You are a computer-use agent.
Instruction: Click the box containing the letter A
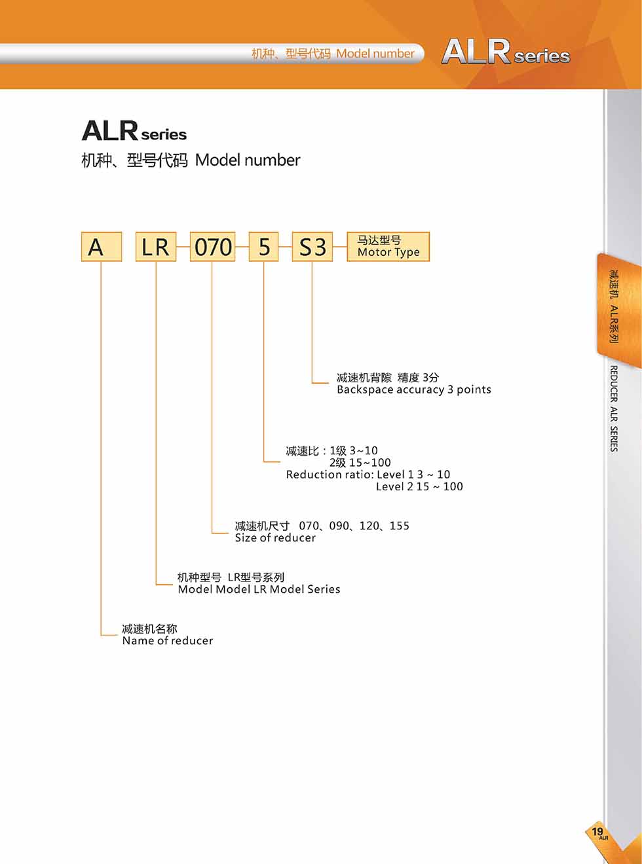(x=102, y=247)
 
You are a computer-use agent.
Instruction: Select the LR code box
(x=156, y=247)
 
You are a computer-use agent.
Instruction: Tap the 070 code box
(x=212, y=247)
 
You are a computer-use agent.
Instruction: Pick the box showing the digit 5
(x=263, y=247)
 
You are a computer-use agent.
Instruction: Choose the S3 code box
(x=312, y=247)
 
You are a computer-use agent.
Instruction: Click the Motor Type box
(x=388, y=247)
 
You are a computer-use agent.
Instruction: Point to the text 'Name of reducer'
(x=168, y=641)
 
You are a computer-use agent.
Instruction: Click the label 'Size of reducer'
(x=275, y=538)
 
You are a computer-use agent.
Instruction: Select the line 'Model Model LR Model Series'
(x=259, y=589)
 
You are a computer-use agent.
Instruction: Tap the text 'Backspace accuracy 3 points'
(x=414, y=390)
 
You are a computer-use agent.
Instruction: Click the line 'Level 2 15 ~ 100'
(x=419, y=486)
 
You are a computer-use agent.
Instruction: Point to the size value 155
(x=400, y=526)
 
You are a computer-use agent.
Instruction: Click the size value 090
(x=339, y=526)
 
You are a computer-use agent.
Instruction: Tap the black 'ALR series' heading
(x=134, y=130)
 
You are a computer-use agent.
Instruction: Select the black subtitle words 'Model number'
(x=248, y=160)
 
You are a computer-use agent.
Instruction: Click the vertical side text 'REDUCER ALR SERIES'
(x=614, y=408)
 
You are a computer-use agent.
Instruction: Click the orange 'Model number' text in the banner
(x=375, y=54)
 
